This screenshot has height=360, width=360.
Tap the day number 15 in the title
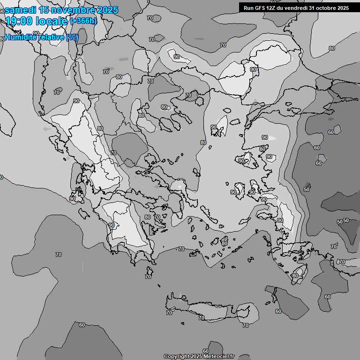coord(45,10)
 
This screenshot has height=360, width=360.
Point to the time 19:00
coord(18,21)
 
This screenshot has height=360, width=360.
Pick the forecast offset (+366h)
coord(83,21)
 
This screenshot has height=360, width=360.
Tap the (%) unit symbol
coord(72,37)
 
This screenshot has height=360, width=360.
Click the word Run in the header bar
coord(248,7)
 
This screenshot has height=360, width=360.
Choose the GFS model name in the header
coord(260,7)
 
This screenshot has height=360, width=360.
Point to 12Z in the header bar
coord(272,7)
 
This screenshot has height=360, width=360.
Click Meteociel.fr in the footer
coord(219,357)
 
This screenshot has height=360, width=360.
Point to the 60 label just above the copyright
coord(206,351)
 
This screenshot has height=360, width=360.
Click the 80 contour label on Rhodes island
coord(295,276)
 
